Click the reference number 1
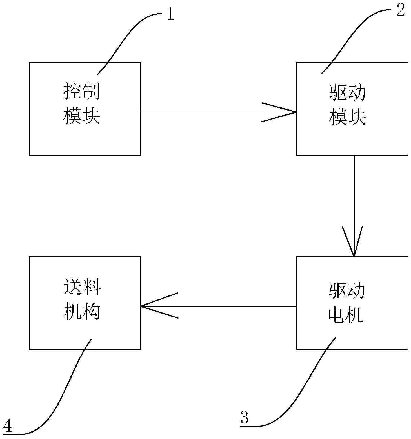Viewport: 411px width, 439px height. coord(171,14)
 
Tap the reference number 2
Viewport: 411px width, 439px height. coord(400,11)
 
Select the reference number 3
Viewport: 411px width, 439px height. coord(245,418)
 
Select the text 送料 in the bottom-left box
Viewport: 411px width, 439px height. coord(82,287)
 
